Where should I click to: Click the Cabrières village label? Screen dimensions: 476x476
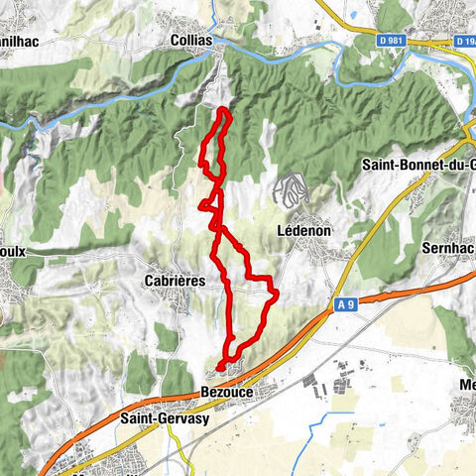click(x=174, y=281)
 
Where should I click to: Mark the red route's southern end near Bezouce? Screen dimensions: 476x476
click(x=219, y=370)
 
